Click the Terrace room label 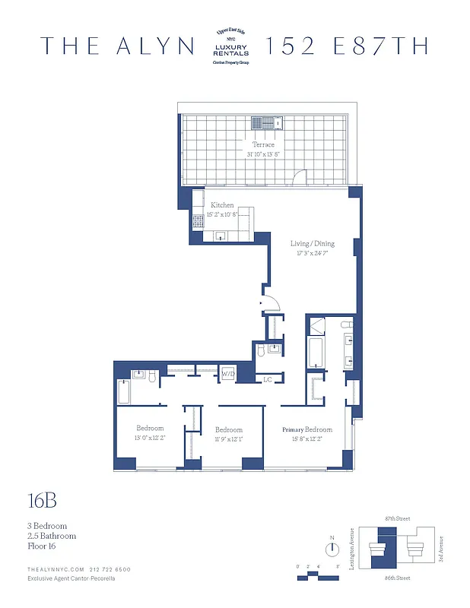click(263, 144)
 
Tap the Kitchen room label click(222, 205)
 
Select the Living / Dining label click(312, 244)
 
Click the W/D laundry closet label click(227, 375)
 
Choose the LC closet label click(268, 379)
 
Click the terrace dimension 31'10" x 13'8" click(263, 154)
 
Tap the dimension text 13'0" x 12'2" click(150, 438)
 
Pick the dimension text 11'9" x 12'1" click(228, 439)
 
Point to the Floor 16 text click(41, 546)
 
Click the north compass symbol click(332, 551)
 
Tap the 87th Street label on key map click(396, 518)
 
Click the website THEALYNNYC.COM click(55, 568)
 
